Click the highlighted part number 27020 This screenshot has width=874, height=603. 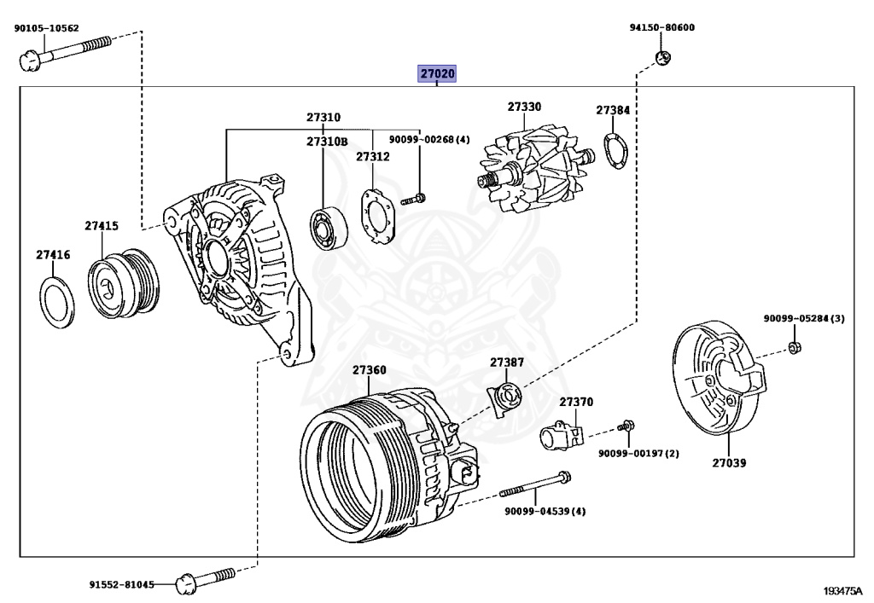coord(437,74)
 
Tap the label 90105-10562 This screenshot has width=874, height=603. coord(46,27)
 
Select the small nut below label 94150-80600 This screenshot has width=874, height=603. coord(661,58)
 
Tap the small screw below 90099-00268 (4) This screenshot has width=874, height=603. coord(415,200)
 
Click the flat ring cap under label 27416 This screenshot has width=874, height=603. coord(56,300)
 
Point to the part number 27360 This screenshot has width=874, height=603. coord(370,370)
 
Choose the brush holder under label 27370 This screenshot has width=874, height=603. coord(560,436)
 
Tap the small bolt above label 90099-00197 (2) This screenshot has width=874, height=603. coord(627,425)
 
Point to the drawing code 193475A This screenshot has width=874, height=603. coord(842,591)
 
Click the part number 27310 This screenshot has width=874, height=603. coord(323,117)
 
